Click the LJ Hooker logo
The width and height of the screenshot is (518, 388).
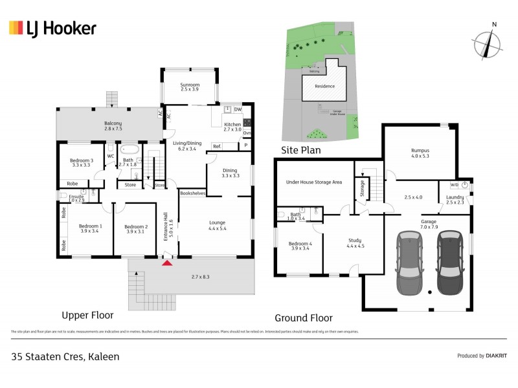pos(52,28)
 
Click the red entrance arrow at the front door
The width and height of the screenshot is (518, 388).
pos(168,263)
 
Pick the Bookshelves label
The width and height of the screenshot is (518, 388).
pos(193,193)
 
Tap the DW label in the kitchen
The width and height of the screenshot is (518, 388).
pos(238,110)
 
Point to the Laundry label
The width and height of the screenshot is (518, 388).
pos(455,199)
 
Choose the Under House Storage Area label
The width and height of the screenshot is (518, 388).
pos(313,182)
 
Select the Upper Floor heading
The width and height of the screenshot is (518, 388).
pos(87,316)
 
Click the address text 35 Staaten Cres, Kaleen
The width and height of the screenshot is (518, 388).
pos(65,356)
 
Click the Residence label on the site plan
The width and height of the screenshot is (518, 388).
pos(324,86)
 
